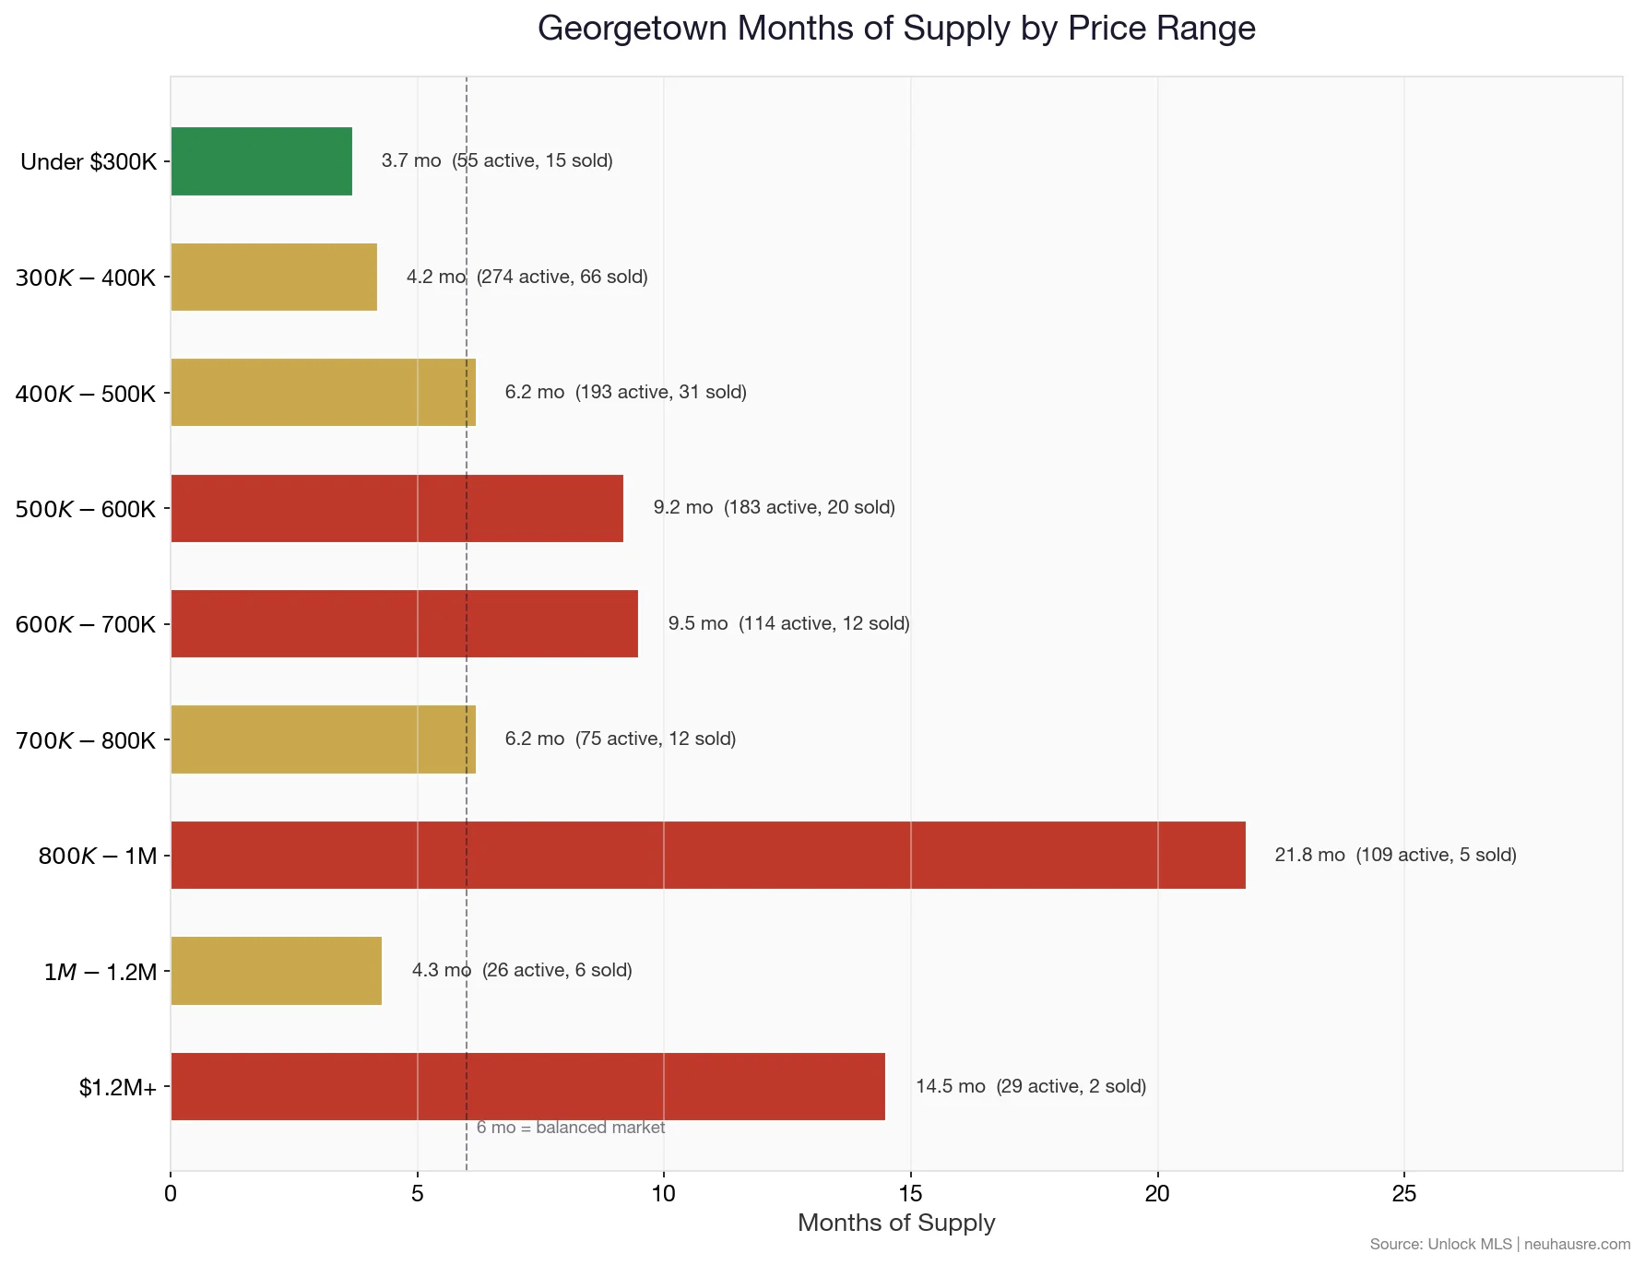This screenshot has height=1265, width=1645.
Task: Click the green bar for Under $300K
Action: click(261, 161)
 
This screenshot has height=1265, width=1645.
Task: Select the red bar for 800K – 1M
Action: click(707, 855)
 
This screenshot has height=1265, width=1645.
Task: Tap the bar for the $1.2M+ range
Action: click(527, 1086)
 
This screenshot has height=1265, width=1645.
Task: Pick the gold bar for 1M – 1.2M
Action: click(276, 971)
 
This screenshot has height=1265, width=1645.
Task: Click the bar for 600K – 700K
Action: click(404, 623)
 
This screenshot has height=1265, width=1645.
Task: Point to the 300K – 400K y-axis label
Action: click(85, 278)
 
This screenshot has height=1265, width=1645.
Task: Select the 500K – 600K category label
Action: click(85, 509)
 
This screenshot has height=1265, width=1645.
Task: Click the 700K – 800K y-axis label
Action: click(85, 740)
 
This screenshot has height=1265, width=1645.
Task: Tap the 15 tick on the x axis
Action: click(910, 1193)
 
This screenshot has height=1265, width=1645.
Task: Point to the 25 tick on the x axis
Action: click(1403, 1193)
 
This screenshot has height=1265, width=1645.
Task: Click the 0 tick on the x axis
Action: click(171, 1193)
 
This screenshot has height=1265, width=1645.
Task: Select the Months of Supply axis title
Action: click(895, 1223)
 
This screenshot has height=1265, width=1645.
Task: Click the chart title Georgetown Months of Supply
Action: click(895, 29)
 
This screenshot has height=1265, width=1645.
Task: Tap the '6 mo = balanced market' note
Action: click(571, 1128)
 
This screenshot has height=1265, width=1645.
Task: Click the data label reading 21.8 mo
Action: click(1309, 855)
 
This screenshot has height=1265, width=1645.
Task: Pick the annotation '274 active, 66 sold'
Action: click(562, 277)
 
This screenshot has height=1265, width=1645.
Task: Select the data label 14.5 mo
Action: click(950, 1086)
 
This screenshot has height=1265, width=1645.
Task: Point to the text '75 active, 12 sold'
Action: click(655, 739)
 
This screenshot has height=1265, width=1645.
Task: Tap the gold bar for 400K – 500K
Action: click(323, 393)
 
